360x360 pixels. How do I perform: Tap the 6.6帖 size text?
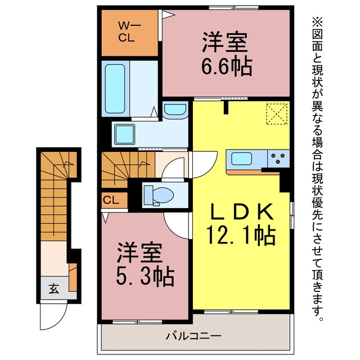tap(227, 66)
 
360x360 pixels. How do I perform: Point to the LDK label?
tap(242, 211)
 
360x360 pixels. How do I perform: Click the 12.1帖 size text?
tap(241, 235)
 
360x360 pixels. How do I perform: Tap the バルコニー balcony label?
tap(193, 336)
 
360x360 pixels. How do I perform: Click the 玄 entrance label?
tap(54, 289)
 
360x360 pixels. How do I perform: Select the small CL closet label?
tap(111, 200)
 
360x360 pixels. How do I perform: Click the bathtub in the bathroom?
tap(115, 89)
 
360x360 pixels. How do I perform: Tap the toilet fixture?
tap(159, 195)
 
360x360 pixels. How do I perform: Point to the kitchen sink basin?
tap(241, 159)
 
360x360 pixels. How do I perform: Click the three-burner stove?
tap(278, 159)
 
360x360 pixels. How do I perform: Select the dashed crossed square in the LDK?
tap(277, 114)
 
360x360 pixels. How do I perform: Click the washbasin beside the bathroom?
tap(175, 110)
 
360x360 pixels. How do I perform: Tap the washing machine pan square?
tap(125, 134)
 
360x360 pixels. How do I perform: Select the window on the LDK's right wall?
tap(292, 215)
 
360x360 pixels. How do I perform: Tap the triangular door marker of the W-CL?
tap(168, 15)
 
